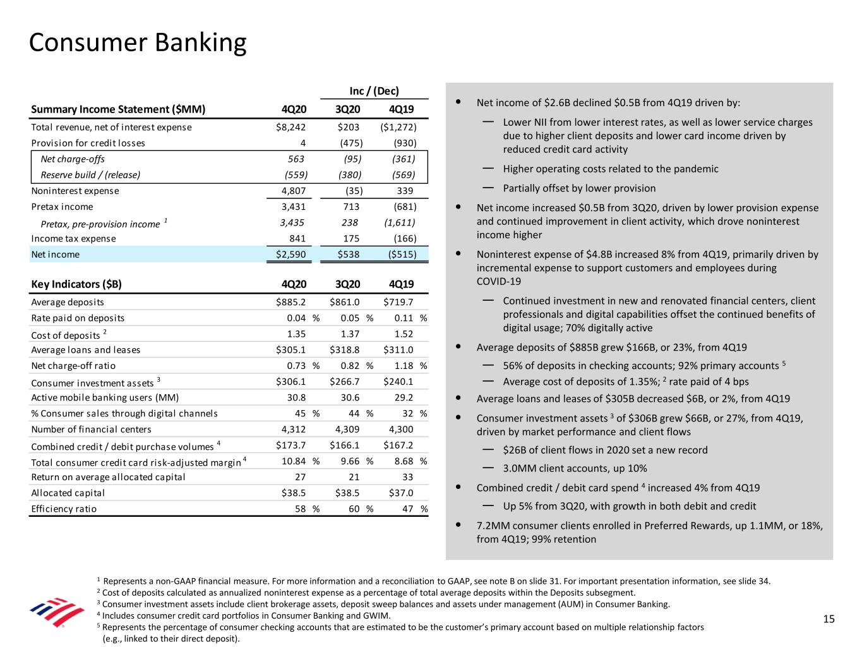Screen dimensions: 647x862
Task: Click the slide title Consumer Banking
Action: pyautogui.click(x=138, y=43)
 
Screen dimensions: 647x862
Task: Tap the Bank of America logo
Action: pyautogui.click(x=57, y=612)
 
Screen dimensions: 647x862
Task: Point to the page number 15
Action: pyautogui.click(x=829, y=619)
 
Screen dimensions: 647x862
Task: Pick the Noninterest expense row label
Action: pyautogui.click(x=75, y=191)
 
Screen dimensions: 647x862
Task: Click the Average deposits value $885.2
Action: pyautogui.click(x=291, y=303)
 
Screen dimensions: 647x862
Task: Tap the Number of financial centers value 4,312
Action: pyautogui.click(x=292, y=430)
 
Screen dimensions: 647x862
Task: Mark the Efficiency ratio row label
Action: pyautogui.click(x=64, y=509)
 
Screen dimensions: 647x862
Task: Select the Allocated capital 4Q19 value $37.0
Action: pyautogui.click(x=398, y=493)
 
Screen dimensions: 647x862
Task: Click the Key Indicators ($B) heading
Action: pyautogui.click(x=76, y=284)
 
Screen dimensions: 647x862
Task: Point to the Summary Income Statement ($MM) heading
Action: pyautogui.click(x=118, y=109)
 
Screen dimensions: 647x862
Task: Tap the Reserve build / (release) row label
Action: pyautogui.click(x=90, y=175)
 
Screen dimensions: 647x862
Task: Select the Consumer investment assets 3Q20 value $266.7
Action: pyautogui.click(x=345, y=382)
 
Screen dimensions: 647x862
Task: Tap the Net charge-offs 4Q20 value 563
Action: pyautogui.click(x=296, y=159)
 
